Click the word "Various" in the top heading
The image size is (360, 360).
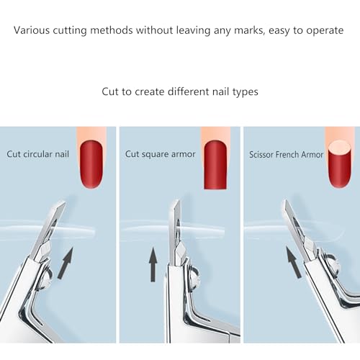coord(32,30)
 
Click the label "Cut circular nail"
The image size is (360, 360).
coord(37,154)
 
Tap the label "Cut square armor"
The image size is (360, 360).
coord(161,154)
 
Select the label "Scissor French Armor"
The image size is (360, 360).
coord(286,155)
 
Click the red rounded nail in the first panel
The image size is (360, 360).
coord(91,164)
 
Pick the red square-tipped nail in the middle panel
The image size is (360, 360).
coord(215,165)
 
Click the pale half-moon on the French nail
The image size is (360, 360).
coord(339,148)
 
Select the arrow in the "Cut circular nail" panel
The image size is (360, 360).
coord(66,264)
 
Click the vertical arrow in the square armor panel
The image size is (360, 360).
coord(153,264)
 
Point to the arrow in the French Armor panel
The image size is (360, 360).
coord(294,262)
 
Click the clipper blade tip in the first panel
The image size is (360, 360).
coord(64,202)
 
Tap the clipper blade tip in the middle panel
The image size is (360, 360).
coord(178,201)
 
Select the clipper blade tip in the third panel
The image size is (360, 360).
coord(284,201)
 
